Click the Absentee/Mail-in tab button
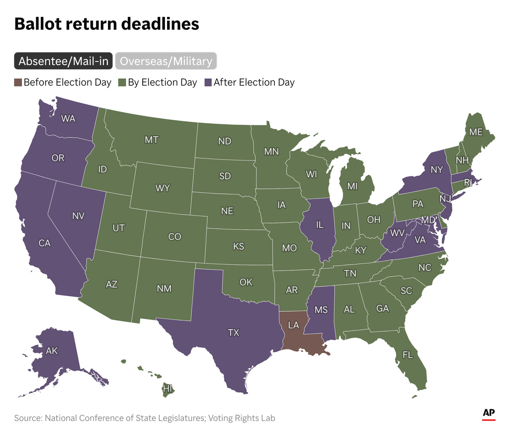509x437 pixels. click(x=64, y=61)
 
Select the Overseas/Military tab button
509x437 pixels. click(x=166, y=61)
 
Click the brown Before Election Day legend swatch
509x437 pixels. click(x=18, y=82)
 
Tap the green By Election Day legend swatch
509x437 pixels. click(x=122, y=82)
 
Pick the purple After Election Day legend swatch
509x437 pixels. click(x=208, y=82)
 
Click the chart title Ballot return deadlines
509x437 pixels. click(x=106, y=24)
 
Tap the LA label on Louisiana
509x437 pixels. click(x=294, y=325)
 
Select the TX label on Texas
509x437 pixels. click(x=234, y=333)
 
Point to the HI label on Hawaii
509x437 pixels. click(x=168, y=389)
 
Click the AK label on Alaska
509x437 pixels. click(x=52, y=351)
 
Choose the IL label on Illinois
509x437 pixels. click(x=320, y=225)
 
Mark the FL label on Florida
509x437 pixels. click(x=408, y=355)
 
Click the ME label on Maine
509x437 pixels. click(x=476, y=133)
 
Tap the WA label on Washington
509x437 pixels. click(x=68, y=119)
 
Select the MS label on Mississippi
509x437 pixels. click(x=321, y=310)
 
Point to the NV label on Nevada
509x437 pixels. click(x=78, y=216)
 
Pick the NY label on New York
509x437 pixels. click(x=436, y=170)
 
